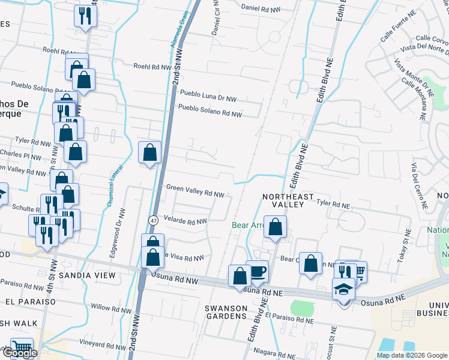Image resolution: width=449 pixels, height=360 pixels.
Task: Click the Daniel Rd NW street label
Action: (262, 8)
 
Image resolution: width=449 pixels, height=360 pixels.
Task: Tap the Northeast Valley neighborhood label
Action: (288, 200)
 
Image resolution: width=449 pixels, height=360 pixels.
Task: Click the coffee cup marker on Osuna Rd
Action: (258, 272)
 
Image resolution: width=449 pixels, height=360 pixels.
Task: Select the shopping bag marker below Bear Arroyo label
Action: (275, 227)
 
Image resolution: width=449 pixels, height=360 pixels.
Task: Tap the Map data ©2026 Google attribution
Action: (412, 355)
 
